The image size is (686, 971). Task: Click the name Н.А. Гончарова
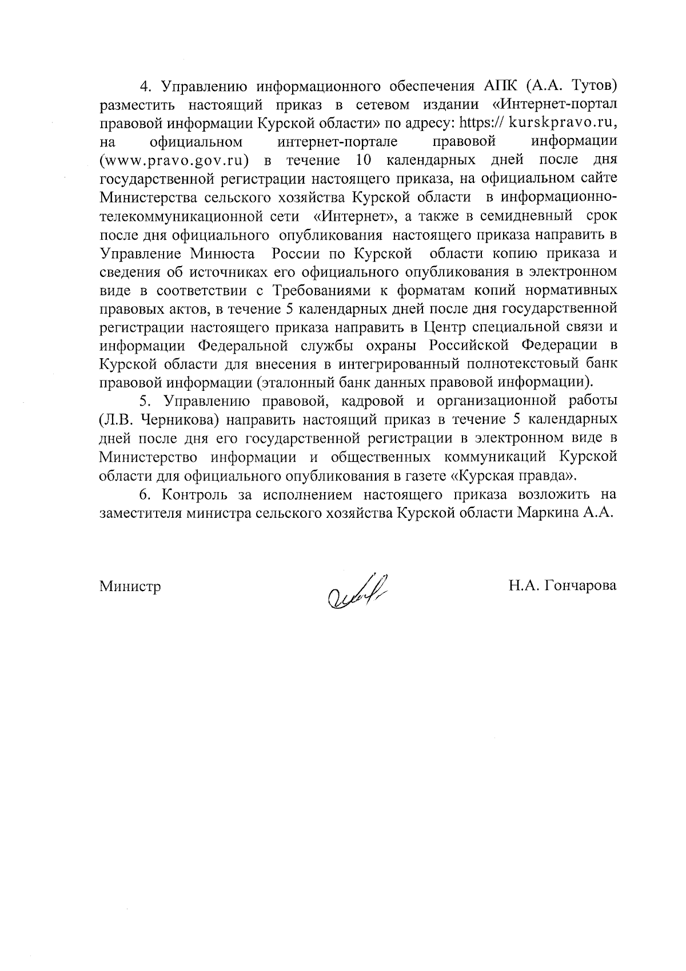(563, 586)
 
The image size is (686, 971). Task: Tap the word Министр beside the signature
(130, 586)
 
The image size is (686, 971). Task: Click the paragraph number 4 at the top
(144, 86)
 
